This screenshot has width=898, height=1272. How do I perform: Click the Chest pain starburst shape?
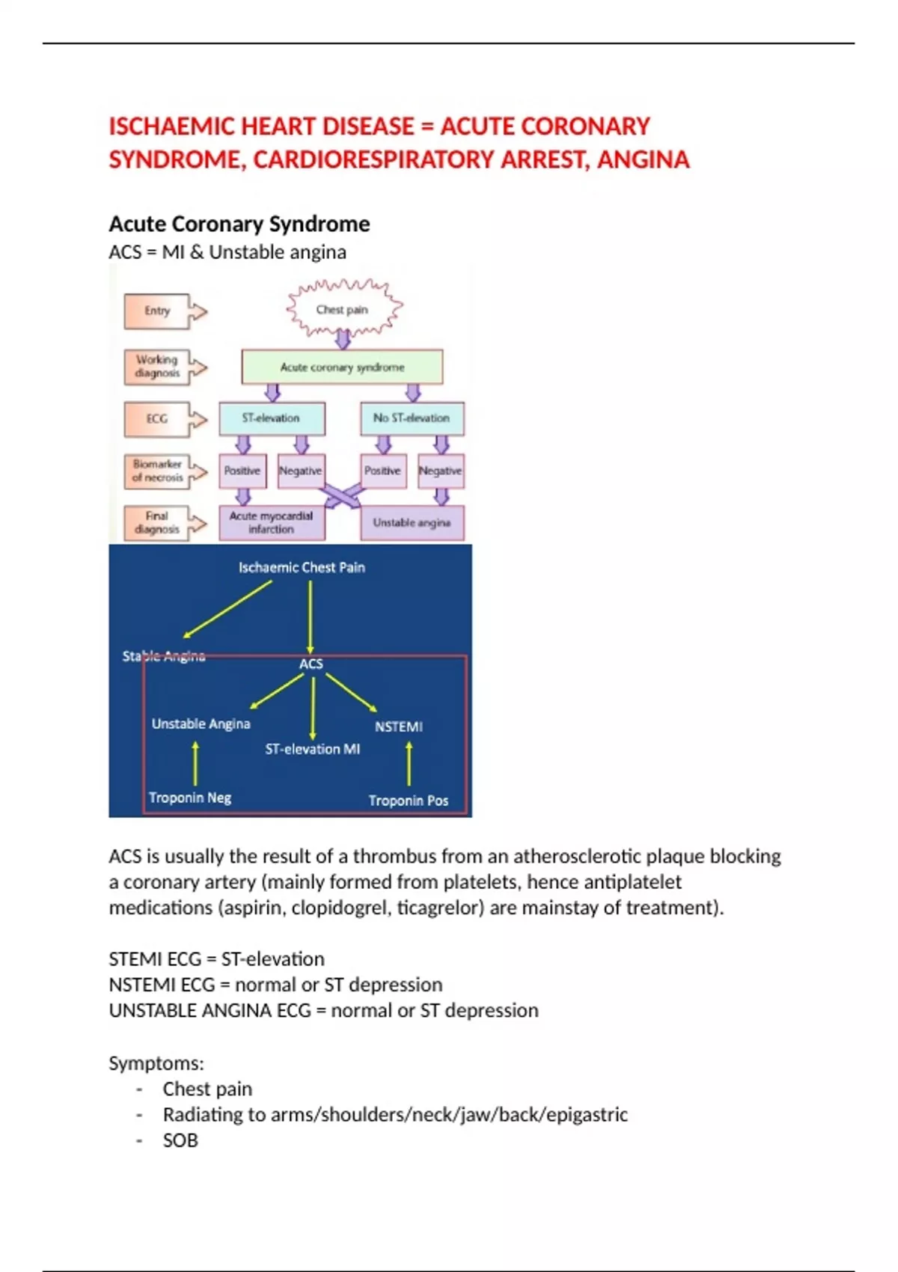point(343,309)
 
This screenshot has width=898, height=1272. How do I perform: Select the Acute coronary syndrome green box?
point(342,367)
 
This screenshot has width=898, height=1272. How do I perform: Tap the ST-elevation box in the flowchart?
point(271,418)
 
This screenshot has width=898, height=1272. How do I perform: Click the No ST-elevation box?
point(412,418)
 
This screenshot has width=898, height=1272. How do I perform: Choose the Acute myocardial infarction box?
point(271,522)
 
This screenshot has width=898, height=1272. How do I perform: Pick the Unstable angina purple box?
point(412,522)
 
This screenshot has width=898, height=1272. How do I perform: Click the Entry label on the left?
point(157,311)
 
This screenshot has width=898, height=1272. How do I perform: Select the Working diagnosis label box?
point(157,367)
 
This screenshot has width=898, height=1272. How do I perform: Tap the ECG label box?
point(157,419)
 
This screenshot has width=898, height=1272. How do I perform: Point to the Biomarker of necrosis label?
point(157,471)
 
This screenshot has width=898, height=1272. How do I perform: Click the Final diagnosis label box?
point(157,522)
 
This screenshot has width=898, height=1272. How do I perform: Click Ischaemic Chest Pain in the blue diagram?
point(302,567)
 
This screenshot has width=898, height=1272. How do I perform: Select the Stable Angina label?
point(164,656)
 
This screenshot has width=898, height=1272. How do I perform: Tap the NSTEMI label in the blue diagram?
point(399,727)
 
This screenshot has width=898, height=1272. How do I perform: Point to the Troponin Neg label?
point(190,798)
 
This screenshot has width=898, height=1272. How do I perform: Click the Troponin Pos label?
point(409,801)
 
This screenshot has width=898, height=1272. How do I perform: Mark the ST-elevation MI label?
point(313,749)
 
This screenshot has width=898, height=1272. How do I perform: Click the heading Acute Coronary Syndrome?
point(239,224)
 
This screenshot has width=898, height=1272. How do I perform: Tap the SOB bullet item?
point(180,1140)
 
